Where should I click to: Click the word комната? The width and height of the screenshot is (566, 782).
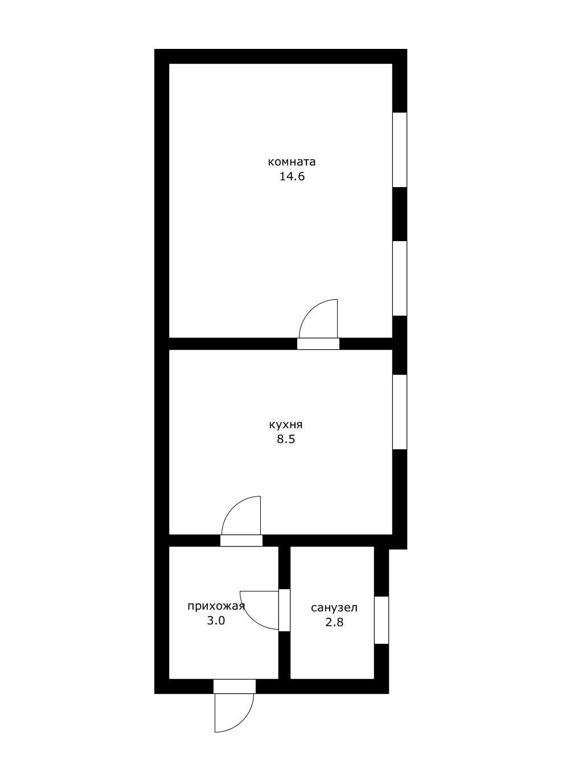(292, 162)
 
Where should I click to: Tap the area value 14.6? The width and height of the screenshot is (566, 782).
(292, 176)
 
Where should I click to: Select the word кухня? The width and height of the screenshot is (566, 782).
(286, 425)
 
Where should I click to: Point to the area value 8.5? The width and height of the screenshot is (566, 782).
(286, 439)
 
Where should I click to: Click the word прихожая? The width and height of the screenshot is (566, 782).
(216, 606)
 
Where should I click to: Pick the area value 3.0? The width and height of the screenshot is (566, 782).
(216, 620)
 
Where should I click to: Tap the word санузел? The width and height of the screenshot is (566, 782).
(334, 608)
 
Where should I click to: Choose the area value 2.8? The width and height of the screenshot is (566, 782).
(335, 622)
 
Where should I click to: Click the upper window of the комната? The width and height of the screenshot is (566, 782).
(400, 150)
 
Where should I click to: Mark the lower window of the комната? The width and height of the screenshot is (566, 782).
(400, 278)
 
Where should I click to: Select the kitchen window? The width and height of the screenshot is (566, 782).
(400, 412)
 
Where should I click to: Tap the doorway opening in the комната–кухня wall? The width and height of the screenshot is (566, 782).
(318, 344)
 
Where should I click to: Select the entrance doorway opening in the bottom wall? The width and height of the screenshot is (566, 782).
(235, 686)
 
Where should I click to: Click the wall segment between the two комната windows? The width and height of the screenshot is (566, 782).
(400, 214)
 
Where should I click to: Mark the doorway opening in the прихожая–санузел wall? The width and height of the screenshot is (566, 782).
(285, 610)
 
